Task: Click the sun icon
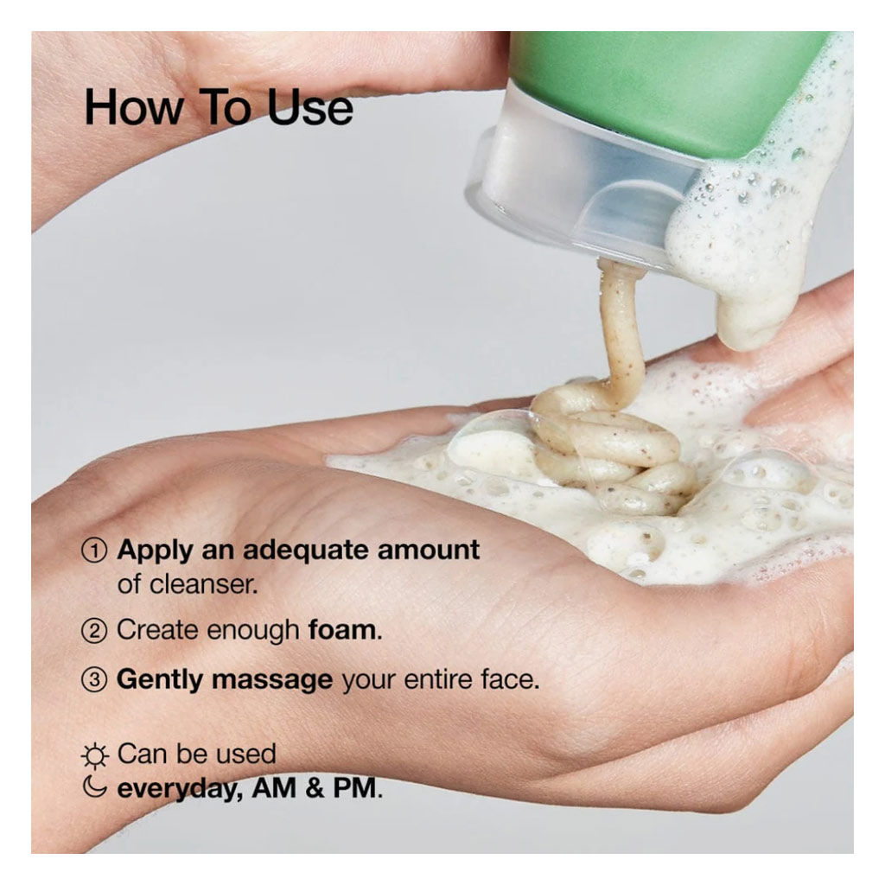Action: click(94, 755)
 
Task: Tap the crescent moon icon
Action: click(94, 788)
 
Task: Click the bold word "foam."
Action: click(345, 630)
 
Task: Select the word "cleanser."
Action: click(188, 583)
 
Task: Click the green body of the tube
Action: click(657, 86)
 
